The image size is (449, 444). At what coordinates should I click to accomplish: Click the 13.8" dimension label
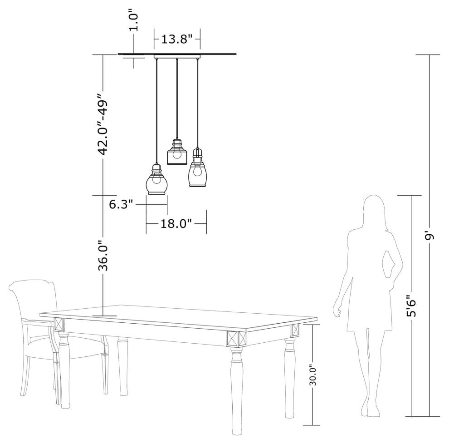[177, 40]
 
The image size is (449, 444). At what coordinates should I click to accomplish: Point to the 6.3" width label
[121, 204]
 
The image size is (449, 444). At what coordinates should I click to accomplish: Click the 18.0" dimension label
[176, 223]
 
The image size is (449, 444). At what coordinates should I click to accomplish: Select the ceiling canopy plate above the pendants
[177, 56]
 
